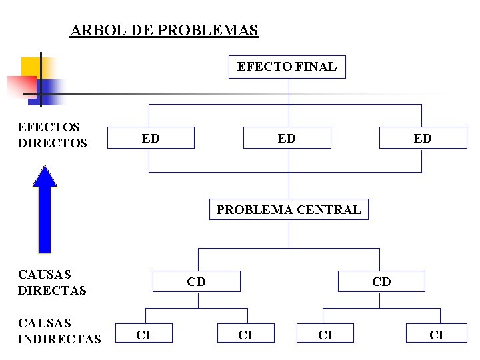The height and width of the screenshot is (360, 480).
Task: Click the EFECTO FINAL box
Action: (x=287, y=67)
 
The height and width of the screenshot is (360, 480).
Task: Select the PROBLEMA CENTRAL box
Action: (x=289, y=210)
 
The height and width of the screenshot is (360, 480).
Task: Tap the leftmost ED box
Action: (x=151, y=138)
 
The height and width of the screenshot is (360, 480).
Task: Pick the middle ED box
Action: (x=287, y=138)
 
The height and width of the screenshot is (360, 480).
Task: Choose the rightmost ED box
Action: (x=422, y=138)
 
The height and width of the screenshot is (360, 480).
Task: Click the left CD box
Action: (x=196, y=281)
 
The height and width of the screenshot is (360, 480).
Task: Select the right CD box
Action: (x=381, y=281)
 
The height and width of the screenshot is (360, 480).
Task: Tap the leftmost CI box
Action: (x=143, y=335)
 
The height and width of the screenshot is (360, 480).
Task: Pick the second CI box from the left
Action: (x=246, y=335)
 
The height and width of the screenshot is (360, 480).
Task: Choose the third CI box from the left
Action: (x=325, y=335)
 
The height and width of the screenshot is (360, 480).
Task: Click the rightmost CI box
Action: (x=437, y=335)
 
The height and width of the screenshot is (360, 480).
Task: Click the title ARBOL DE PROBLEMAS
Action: (x=164, y=31)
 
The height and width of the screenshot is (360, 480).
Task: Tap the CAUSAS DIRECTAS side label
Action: (x=52, y=282)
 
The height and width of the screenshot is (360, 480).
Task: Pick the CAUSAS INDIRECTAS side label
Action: (x=59, y=331)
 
